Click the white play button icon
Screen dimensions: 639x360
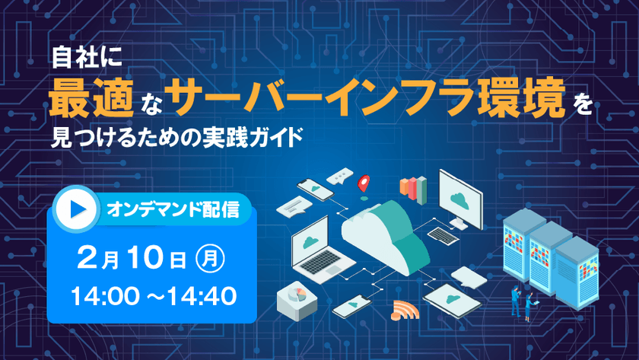click(76, 209)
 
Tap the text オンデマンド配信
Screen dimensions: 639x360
click(173, 209)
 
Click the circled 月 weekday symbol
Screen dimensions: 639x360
click(210, 258)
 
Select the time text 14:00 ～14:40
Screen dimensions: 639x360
click(154, 295)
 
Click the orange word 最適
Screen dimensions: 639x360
click(91, 99)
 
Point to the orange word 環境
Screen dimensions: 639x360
click(521, 98)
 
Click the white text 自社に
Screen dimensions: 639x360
click(87, 57)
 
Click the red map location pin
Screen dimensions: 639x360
click(364, 184)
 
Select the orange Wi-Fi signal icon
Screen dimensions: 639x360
click(405, 311)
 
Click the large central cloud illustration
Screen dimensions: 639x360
click(386, 237)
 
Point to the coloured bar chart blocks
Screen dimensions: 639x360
click(413, 190)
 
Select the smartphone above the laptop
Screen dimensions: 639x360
click(316, 190)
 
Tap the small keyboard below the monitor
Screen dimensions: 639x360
click(443, 236)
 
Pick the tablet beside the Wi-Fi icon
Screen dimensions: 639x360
click(453, 301)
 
